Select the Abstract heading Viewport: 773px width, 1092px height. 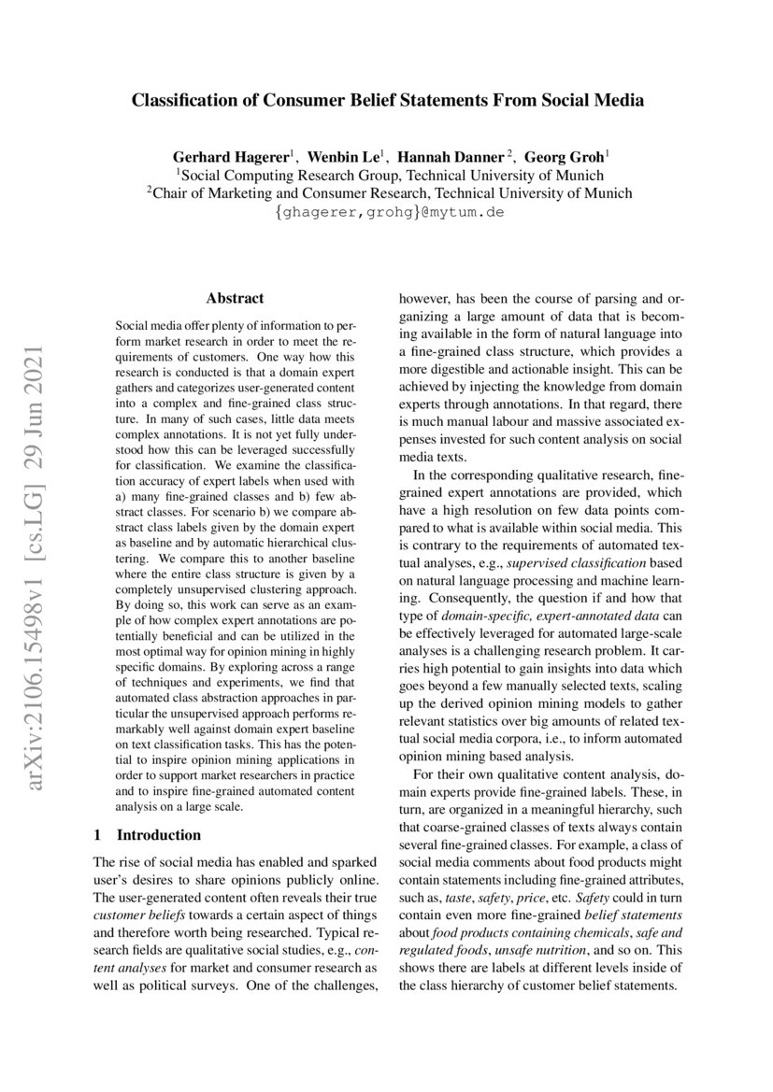tap(235, 299)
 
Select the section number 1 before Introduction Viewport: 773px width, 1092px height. tap(99, 834)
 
